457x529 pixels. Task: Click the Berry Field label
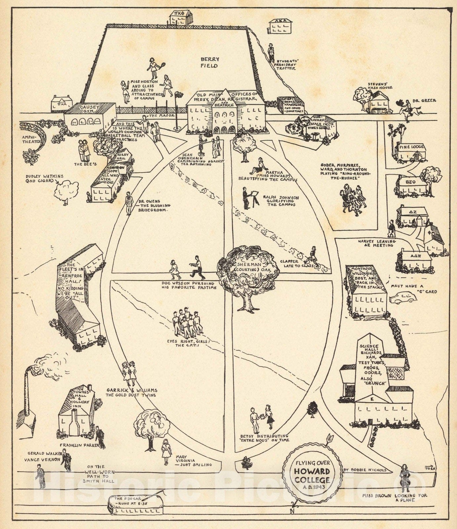tap(210, 62)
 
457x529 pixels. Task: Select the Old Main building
tap(225, 114)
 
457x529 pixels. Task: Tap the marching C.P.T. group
tap(187, 323)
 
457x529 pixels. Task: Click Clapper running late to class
tap(312, 256)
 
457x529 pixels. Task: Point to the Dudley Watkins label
tap(40, 179)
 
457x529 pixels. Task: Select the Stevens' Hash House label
tap(380, 85)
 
